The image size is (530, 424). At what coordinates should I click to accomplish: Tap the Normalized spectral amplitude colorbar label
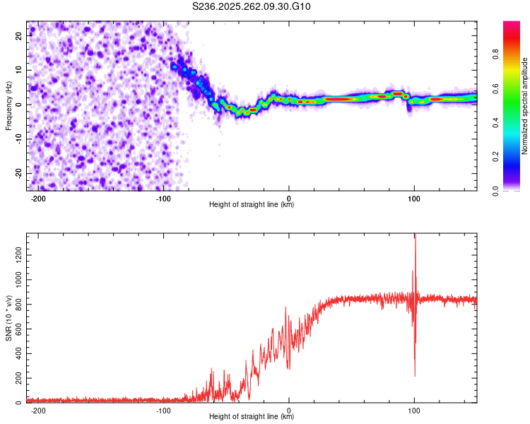pos(525,106)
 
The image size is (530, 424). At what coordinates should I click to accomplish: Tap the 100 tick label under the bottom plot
pos(414,410)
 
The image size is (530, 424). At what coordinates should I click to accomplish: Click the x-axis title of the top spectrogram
pos(252,205)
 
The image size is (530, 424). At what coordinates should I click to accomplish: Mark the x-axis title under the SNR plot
pos(252,417)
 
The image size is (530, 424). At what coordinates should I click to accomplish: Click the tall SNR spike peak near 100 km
pos(416,236)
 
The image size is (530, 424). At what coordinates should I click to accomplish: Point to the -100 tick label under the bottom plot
pos(163,410)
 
